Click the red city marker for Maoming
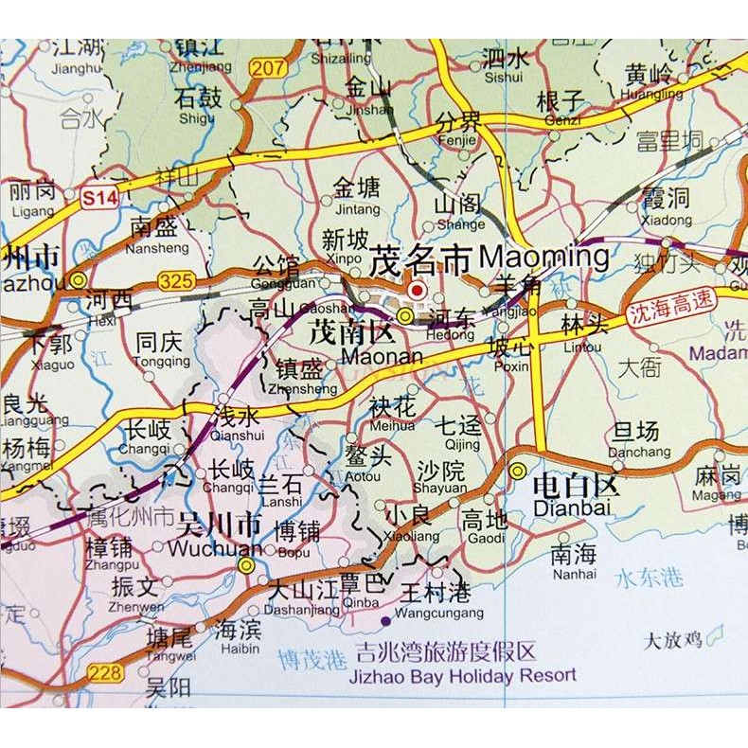(x=417, y=290)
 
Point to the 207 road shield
(x=268, y=66)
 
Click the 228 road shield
(x=105, y=673)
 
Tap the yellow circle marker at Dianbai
(x=518, y=471)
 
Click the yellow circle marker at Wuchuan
(x=246, y=565)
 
